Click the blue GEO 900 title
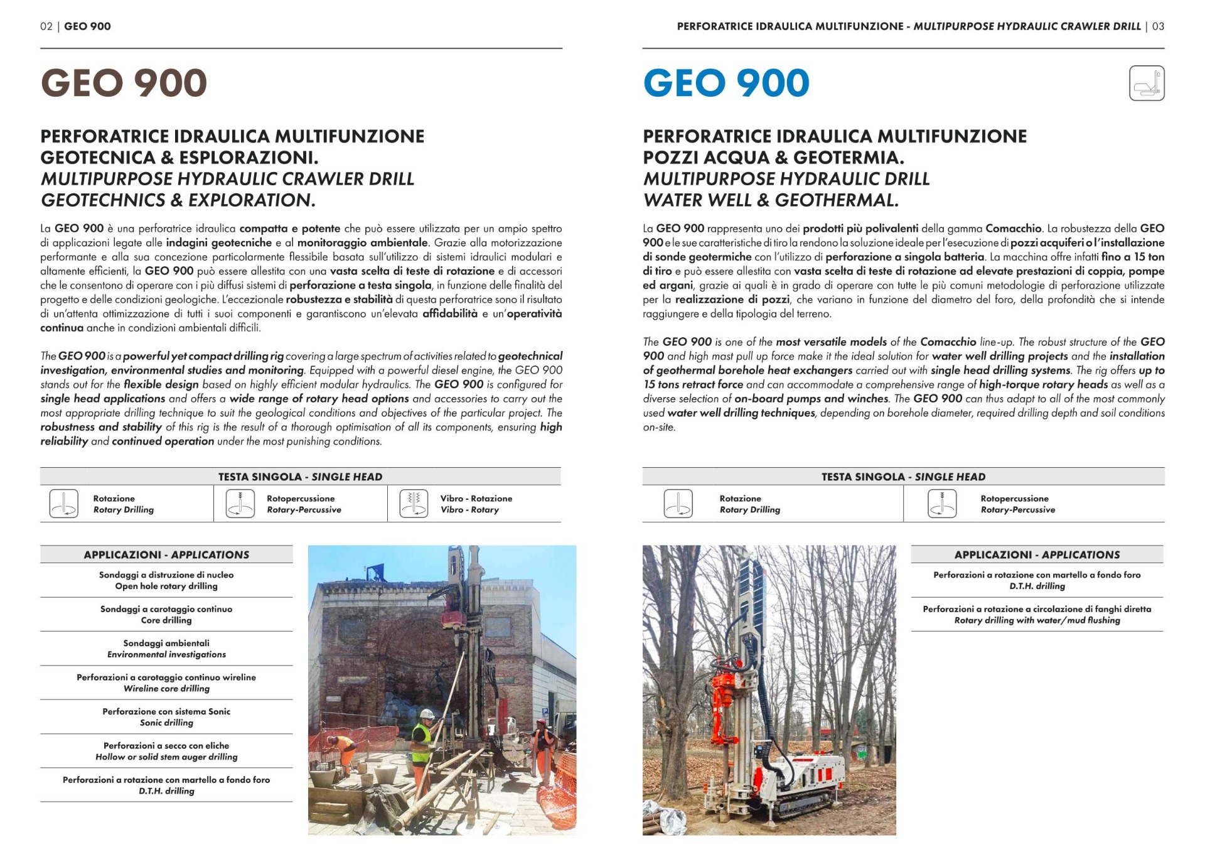point(726,83)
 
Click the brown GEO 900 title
point(124,83)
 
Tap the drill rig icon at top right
point(1146,83)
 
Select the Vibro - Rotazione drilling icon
point(413,504)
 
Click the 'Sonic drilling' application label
point(166,723)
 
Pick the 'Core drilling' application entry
point(166,620)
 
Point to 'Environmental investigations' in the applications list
point(166,654)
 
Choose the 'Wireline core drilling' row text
point(166,689)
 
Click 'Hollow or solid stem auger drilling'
point(166,757)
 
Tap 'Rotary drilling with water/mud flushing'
point(1037,620)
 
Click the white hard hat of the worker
point(427,714)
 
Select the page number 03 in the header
point(1158,26)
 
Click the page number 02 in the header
point(46,26)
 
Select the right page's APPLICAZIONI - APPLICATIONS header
point(1037,554)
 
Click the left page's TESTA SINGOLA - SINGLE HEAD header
point(300,477)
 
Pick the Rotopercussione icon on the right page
point(941,504)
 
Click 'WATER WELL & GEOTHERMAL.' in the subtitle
point(771,200)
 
